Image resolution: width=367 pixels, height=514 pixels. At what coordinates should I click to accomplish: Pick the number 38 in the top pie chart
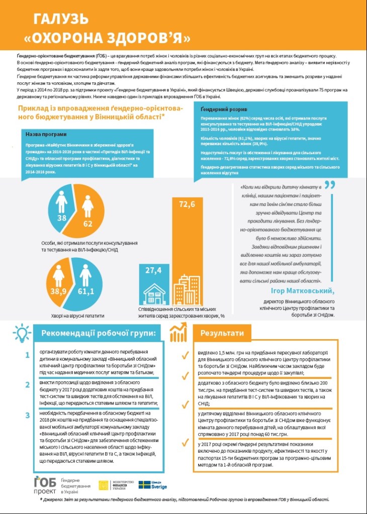click(x=62, y=218)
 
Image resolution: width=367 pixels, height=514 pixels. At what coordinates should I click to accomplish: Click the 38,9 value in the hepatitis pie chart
click(x=61, y=291)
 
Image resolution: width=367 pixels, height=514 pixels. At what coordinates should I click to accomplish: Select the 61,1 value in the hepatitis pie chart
click(x=85, y=291)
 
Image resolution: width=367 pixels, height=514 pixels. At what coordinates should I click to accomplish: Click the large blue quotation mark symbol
click(x=329, y=187)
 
